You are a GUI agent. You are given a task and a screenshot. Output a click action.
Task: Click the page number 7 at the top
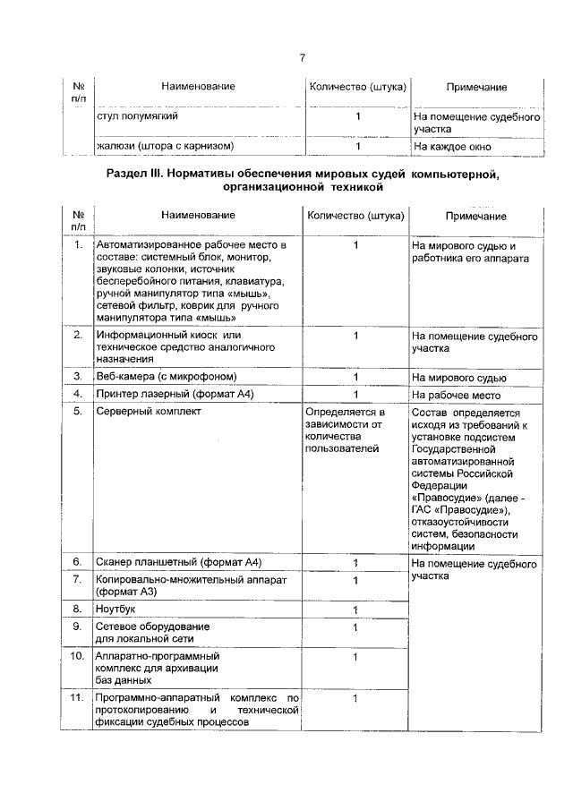tap(303, 58)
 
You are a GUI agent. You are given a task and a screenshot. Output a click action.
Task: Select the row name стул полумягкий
tap(137, 117)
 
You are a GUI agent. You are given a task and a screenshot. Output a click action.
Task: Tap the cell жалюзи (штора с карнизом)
tap(165, 145)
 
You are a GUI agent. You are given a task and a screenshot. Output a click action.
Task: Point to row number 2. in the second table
tap(79, 335)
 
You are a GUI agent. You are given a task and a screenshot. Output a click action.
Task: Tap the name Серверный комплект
tap(149, 412)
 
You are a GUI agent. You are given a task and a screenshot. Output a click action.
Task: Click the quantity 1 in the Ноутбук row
tap(355, 610)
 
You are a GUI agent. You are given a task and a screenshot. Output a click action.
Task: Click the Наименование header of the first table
tap(198, 87)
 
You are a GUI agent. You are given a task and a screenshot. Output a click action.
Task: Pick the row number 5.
tap(79, 412)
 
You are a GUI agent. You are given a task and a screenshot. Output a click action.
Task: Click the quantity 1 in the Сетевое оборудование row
tap(355, 628)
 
